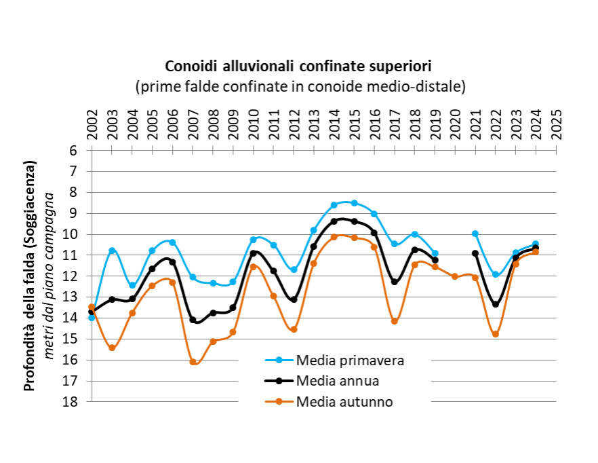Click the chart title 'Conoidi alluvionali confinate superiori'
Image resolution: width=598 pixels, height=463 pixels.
click(299, 67)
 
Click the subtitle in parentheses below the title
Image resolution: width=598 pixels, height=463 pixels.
click(299, 86)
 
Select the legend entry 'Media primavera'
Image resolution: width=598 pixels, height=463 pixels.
click(351, 360)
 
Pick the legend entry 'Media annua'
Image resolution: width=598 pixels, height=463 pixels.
click(338, 380)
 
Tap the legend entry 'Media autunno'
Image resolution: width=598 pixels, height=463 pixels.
click(344, 401)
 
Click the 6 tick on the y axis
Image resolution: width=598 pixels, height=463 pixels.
click(74, 151)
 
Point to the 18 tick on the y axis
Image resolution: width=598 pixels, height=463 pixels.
click(71, 401)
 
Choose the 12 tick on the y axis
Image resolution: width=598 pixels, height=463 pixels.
click(71, 276)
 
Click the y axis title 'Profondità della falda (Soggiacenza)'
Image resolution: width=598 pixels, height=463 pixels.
click(29, 276)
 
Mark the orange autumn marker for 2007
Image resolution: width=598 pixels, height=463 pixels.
click(193, 362)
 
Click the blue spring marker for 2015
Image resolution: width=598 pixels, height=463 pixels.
click(355, 203)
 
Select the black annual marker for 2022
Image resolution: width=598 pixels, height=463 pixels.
click(496, 304)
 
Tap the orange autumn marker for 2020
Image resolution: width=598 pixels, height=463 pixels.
click(455, 276)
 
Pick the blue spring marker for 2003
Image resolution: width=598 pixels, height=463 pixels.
click(112, 251)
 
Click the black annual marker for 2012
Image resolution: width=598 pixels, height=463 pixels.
click(294, 299)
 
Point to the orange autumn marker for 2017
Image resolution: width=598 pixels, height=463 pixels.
click(395, 321)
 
